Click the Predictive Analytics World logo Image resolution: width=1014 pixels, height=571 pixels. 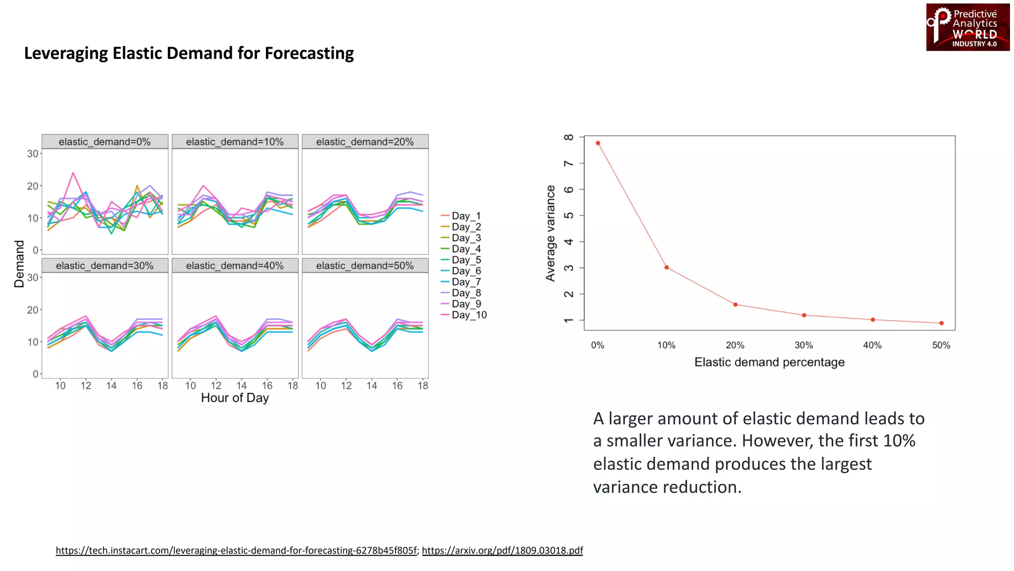pos(967,27)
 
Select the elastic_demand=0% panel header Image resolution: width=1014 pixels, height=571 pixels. pos(104,142)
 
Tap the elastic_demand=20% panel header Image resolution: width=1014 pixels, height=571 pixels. pos(365,142)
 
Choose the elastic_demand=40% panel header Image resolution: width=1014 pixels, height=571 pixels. pos(235,266)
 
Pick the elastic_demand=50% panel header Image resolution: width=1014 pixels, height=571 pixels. pos(365,266)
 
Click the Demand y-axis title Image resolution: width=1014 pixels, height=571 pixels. pos(19,264)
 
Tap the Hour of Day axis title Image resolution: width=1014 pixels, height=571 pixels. pos(235,398)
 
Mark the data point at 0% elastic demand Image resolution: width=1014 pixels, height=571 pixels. pos(598,143)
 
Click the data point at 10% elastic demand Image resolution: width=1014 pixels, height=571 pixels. pos(666,268)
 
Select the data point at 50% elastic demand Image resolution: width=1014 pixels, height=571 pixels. pos(941,323)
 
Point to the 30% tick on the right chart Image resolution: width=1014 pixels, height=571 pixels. pos(804,345)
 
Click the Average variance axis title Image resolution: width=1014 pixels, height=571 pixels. pos(550,233)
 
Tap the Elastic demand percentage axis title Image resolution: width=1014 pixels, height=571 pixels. pos(769,362)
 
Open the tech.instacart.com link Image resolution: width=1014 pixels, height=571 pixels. pos(236,550)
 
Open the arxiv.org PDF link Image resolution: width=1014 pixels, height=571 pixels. pos(502,550)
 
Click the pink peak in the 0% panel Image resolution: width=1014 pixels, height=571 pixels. pos(73,173)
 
